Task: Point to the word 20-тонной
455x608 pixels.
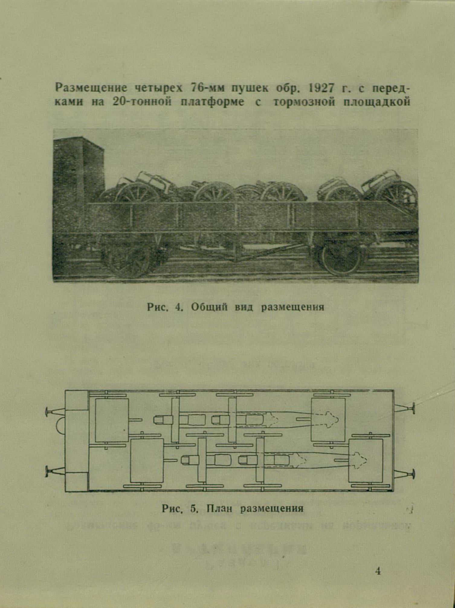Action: (142, 102)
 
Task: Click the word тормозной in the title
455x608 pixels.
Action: (304, 102)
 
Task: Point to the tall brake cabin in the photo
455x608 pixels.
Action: (78, 181)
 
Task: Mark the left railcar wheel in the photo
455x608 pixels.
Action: (128, 260)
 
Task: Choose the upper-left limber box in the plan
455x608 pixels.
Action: (112, 420)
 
